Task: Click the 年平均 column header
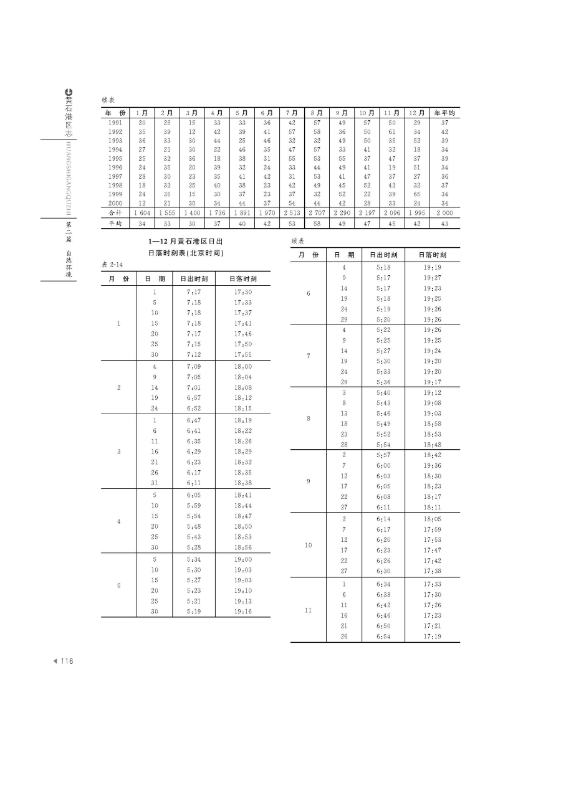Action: [445, 113]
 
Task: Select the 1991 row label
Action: [115, 123]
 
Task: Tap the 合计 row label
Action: [115, 213]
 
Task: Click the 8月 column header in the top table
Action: [317, 113]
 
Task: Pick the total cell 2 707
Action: [317, 213]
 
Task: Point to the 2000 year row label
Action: [115, 203]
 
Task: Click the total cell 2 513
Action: [292, 213]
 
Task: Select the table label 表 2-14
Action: [112, 265]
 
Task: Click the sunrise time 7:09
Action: [194, 367]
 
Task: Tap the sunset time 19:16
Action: [243, 612]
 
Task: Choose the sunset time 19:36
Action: [432, 465]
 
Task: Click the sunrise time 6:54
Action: [383, 636]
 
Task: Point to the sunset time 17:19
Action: [432, 636]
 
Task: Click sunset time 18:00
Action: [243, 367]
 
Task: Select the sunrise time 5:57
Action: [383, 455]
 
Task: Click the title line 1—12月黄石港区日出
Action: [186, 242]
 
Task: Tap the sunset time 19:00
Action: [243, 559]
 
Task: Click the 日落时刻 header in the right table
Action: [432, 255]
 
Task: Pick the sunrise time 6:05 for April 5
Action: [194, 495]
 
